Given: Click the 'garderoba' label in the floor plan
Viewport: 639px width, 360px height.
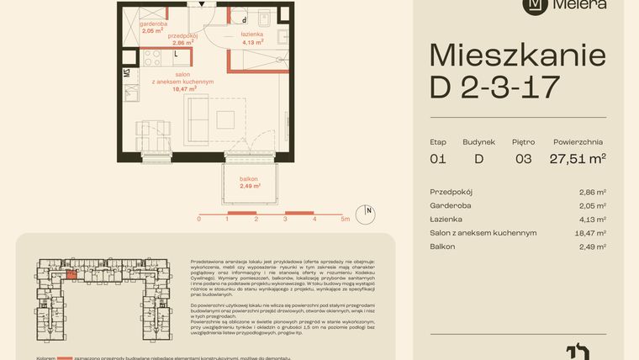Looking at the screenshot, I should pos(152,24).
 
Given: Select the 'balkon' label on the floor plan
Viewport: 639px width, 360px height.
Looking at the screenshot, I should pos(249,179).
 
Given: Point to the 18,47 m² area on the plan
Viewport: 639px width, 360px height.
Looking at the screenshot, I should pos(184,87).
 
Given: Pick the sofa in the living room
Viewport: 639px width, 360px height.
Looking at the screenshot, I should pos(198,119).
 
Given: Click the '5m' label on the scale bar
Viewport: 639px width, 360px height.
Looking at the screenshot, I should pos(346,218).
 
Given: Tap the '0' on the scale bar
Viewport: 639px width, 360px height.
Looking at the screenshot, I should pos(199,218).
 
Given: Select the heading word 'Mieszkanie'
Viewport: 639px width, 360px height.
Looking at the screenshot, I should pos(517,56).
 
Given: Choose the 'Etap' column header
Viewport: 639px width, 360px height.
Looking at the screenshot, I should pos(437,142).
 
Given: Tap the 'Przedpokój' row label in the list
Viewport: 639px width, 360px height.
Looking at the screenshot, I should pos(453,192).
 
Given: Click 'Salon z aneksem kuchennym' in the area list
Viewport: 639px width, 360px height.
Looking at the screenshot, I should pos(483,233).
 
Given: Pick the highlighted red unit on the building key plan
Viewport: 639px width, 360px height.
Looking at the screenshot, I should pos(71,273).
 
